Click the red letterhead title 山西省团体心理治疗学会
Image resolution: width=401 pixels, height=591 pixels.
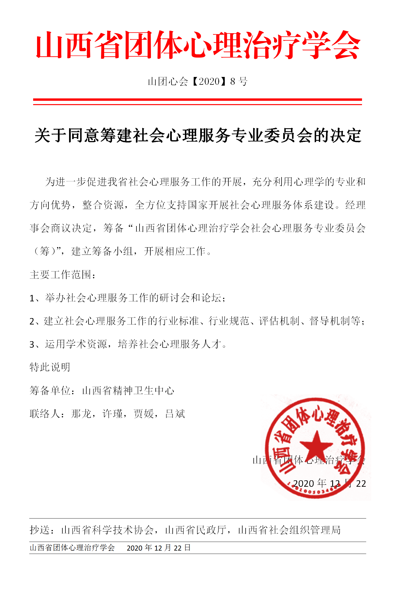(198, 45)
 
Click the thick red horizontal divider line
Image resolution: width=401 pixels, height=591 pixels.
(197, 100)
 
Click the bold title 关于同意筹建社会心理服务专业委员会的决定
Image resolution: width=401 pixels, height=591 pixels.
(198, 136)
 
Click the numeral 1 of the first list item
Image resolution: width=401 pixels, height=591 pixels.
(32, 298)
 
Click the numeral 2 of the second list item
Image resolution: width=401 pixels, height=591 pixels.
(32, 321)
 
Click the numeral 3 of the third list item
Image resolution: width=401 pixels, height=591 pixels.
(32, 345)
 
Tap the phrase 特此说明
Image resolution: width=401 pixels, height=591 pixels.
(50, 367)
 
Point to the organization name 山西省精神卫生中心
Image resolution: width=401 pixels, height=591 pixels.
(128, 391)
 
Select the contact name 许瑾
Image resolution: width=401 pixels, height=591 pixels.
(113, 414)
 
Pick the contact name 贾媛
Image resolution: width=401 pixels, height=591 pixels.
(144, 414)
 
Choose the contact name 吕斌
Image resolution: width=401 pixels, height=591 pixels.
(175, 414)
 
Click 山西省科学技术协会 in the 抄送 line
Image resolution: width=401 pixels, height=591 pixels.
(107, 530)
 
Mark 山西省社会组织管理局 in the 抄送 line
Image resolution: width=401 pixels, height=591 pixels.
(289, 530)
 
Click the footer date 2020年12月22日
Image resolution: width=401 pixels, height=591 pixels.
(159, 548)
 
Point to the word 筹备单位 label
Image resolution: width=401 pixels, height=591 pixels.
(50, 391)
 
